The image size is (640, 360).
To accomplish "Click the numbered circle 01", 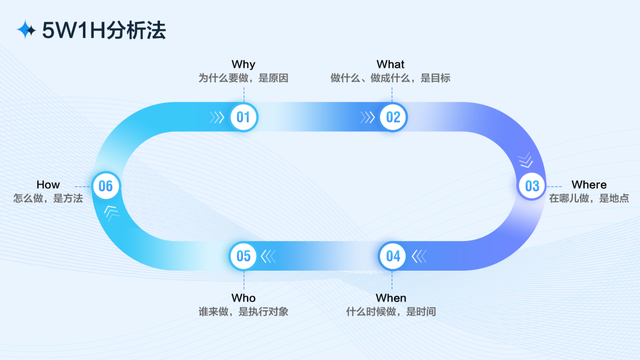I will click(243, 118).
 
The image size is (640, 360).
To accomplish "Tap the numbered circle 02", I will click(393, 118).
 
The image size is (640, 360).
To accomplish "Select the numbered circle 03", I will click(532, 186).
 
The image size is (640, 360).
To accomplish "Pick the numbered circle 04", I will click(393, 256).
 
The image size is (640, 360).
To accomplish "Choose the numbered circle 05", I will click(243, 256).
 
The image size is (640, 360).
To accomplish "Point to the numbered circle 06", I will click(106, 186).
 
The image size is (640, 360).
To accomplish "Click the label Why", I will click(243, 64).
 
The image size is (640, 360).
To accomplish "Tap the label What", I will click(390, 64).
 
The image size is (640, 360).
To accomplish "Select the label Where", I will click(588, 185).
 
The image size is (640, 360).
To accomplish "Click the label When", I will click(391, 298).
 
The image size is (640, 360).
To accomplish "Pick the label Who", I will click(244, 298).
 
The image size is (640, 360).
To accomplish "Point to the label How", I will click(48, 185).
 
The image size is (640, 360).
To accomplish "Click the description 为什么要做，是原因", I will click(243, 78).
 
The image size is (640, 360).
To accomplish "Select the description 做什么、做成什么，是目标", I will click(390, 78).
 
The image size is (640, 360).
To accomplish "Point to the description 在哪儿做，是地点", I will click(589, 199).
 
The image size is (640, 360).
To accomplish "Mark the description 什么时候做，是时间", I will click(391, 312).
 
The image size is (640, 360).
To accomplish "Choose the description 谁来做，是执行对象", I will click(244, 312).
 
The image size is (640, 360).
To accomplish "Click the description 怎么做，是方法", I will click(48, 199).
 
